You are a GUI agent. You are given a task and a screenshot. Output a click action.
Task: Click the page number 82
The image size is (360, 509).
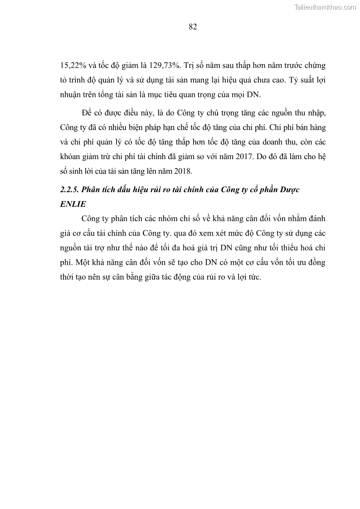[192, 27]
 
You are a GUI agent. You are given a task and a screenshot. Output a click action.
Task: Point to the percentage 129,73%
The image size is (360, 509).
[164, 65]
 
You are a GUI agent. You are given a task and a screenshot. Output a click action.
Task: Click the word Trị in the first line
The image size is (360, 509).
[191, 65]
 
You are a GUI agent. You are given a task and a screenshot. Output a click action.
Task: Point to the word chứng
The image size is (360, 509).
[315, 65]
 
